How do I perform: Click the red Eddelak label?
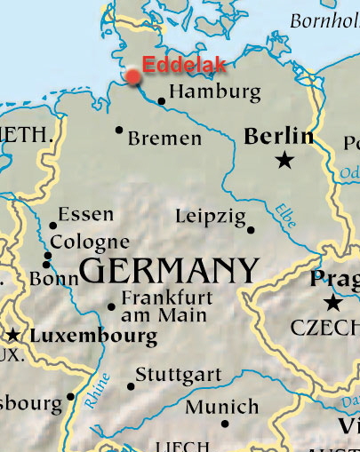[184, 65]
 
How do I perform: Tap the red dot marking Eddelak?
[133, 77]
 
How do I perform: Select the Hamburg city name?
[214, 92]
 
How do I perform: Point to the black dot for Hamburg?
[161, 100]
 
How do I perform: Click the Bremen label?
[164, 139]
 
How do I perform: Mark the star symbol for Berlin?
[284, 160]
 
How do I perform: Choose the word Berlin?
[278, 136]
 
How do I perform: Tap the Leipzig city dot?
[251, 230]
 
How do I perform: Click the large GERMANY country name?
[170, 269]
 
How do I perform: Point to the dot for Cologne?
[47, 256]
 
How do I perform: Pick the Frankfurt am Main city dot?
[111, 307]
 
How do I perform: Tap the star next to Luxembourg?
[13, 336]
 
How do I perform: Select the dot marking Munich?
[225, 424]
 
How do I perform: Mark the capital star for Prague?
[332, 303]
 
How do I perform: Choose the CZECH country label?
[324, 328]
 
